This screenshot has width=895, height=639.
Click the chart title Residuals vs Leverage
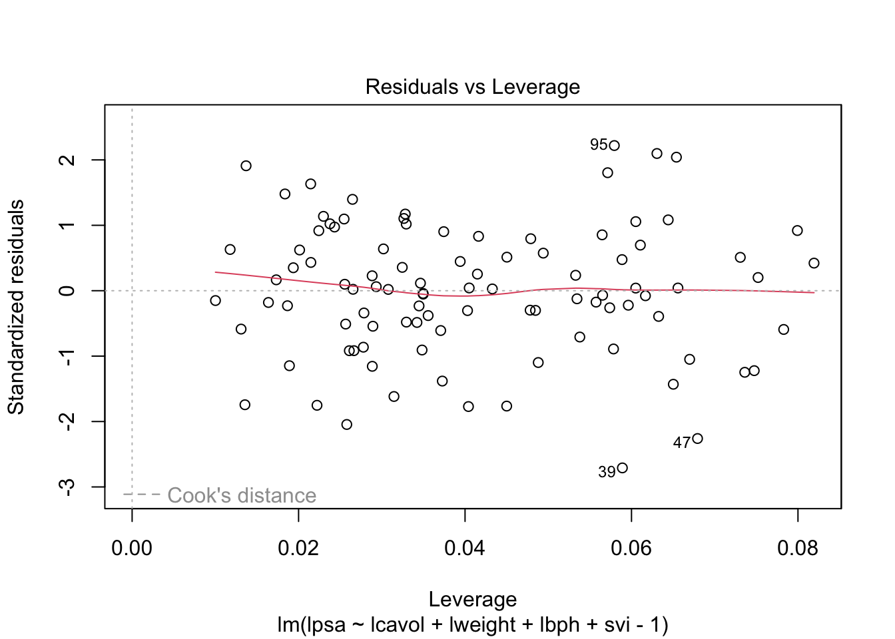472,87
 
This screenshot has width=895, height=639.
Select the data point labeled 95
614,146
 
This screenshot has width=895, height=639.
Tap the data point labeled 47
697,439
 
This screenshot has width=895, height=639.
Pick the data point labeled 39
622,468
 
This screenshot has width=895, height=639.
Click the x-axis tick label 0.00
132,548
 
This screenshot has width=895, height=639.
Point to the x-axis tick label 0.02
298,548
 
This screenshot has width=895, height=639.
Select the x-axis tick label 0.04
465,548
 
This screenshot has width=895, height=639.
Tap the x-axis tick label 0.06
631,548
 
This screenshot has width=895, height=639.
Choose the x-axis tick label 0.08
798,548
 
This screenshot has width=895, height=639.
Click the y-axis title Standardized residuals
16,307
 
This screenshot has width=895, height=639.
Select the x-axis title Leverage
472,599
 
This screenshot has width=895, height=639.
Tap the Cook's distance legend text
242,495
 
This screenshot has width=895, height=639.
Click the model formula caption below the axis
472,625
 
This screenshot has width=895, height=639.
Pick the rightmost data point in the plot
814,263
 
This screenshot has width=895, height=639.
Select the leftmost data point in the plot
215,301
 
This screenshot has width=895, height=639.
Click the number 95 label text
598,145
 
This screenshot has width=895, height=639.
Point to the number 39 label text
607,473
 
